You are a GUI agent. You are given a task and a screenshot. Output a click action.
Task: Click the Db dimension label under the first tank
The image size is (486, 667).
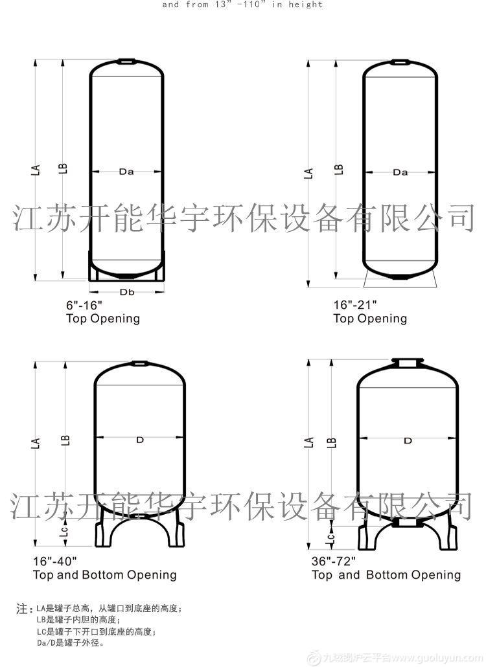point(126,292)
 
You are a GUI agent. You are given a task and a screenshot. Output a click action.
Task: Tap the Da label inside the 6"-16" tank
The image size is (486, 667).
point(126,172)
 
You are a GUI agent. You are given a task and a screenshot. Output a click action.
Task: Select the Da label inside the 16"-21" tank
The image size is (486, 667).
point(400,172)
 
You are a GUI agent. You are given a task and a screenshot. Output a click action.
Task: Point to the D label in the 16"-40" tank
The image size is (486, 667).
point(139,440)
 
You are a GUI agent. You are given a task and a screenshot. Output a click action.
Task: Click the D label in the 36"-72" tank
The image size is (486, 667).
point(408,441)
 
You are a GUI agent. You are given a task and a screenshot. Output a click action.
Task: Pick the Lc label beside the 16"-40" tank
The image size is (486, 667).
point(64,531)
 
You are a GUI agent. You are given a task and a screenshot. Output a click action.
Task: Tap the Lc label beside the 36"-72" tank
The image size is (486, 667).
point(330,536)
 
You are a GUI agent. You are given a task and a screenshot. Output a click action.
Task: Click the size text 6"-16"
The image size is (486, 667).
point(84,305)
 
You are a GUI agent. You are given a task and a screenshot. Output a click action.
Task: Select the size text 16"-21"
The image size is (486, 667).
point(354,305)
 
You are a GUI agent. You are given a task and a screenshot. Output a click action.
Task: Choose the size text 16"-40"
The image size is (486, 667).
point(55,561)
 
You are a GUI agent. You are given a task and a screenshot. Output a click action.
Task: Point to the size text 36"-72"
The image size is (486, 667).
point(333,561)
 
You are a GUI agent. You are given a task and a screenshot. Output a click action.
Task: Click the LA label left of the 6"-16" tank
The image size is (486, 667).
point(36,170)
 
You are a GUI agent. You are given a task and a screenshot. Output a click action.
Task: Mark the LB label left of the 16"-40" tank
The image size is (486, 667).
point(65,441)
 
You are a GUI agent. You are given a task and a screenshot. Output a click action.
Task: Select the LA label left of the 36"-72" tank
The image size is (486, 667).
point(309,442)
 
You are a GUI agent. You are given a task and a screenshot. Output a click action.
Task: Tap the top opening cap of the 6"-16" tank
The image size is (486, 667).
point(126,62)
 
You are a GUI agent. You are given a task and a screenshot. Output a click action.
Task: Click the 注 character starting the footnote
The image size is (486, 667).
point(21,609)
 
